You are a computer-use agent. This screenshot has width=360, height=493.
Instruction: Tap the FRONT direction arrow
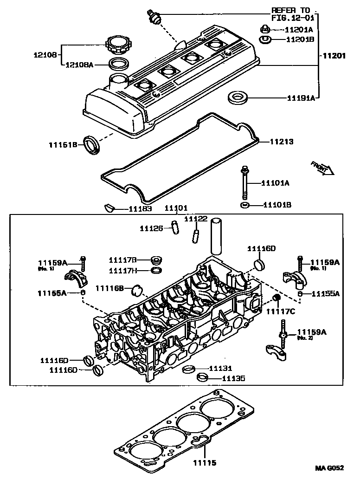[x=322, y=168]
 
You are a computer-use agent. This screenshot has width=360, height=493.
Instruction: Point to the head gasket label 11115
[x=205, y=463]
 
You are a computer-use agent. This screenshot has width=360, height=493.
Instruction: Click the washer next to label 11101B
[x=244, y=205]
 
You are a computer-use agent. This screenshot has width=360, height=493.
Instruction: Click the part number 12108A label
[x=79, y=65]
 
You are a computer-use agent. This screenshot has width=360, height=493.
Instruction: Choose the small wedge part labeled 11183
[x=109, y=208]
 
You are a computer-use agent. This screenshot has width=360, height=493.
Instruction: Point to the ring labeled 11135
[x=202, y=377]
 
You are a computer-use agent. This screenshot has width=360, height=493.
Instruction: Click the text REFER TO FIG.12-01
[x=293, y=14]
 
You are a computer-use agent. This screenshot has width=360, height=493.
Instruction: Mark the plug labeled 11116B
[x=136, y=290]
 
